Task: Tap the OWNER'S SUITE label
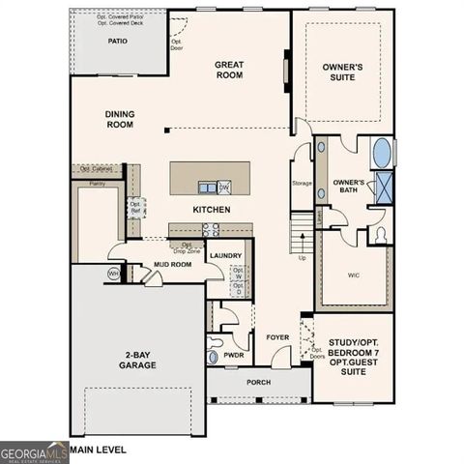coord(342,72)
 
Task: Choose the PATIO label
coord(118,42)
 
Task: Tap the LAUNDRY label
coord(225,255)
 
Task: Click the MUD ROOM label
coord(174,263)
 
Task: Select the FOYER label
coord(279,336)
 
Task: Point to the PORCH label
coord(258,381)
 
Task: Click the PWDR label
coord(233,355)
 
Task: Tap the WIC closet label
coord(354,274)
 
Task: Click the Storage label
coord(302,183)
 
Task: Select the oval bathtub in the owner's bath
coord(382,153)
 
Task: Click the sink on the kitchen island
coord(207,187)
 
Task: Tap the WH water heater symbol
coord(113,274)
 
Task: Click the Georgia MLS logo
coord(34,451)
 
